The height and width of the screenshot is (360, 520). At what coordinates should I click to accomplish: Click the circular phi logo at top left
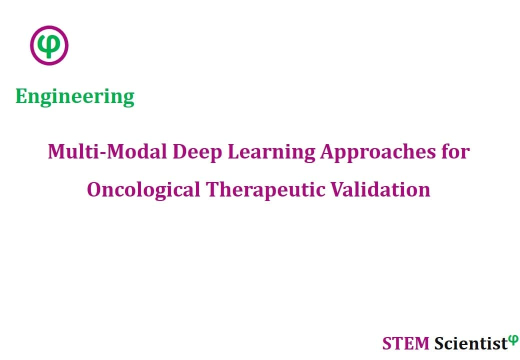coord(49,45)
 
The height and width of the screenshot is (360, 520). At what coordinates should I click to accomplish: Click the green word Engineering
coord(75,97)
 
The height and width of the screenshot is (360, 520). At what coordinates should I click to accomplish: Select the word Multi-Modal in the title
coord(107,151)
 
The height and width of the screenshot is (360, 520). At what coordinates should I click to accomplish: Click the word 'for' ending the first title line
coord(455,151)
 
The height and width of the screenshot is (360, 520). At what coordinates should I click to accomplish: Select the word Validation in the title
coord(380,189)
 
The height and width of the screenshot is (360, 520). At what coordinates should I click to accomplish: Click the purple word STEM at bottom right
coord(405,343)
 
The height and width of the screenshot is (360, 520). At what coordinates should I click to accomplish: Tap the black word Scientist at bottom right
coord(471,343)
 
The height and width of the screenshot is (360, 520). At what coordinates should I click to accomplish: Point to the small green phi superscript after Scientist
coord(513,339)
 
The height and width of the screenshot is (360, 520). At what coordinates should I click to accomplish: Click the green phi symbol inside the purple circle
coord(49,45)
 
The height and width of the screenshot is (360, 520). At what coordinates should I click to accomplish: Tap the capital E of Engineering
coord(21,96)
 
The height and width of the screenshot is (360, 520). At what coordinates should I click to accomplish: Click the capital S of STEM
coord(387,343)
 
